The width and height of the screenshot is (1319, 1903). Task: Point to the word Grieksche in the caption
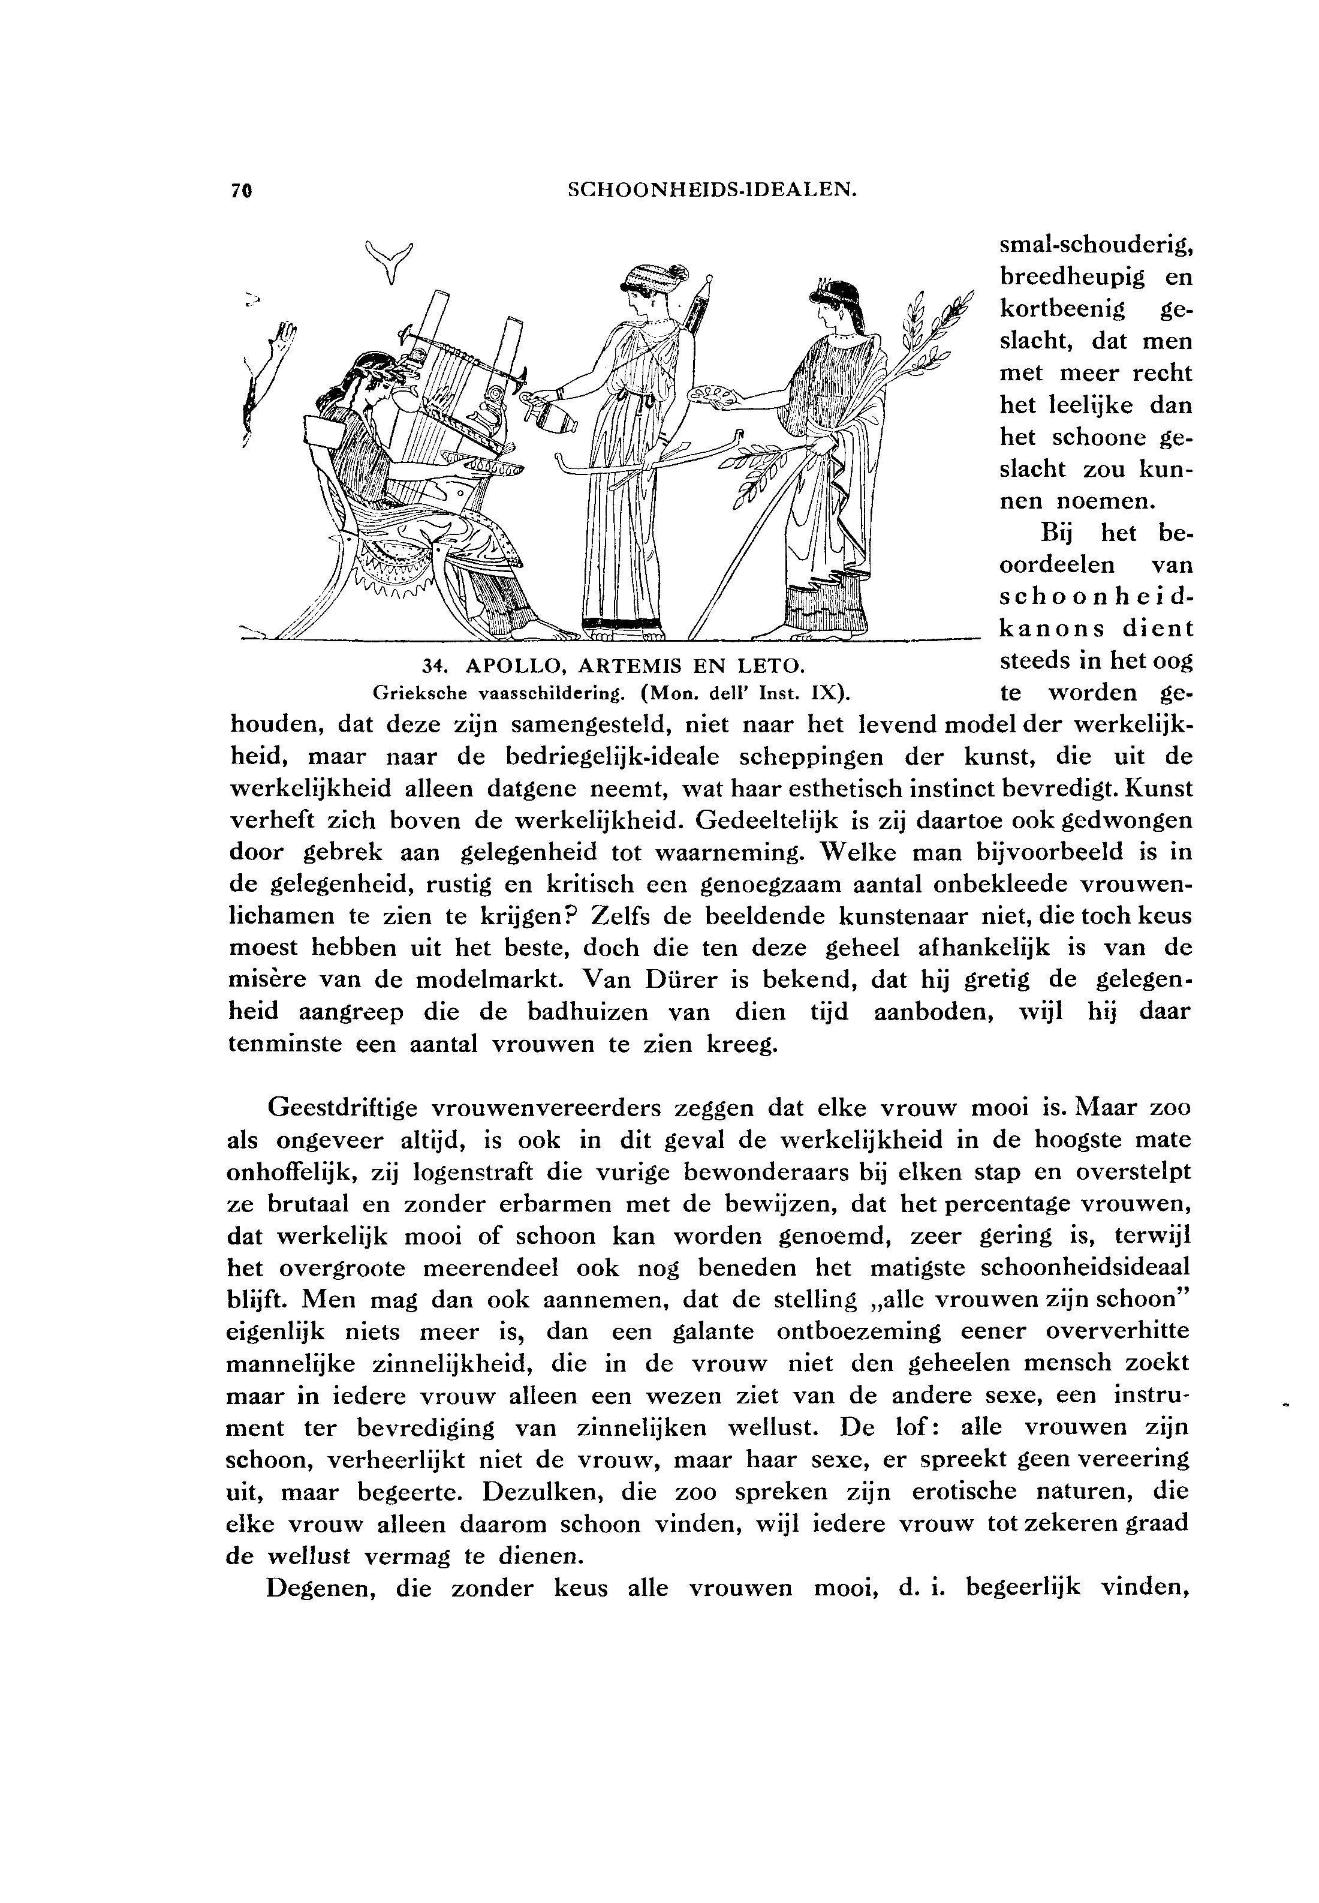[x=421, y=691]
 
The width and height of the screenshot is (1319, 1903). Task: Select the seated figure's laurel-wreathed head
[x=361, y=380]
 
